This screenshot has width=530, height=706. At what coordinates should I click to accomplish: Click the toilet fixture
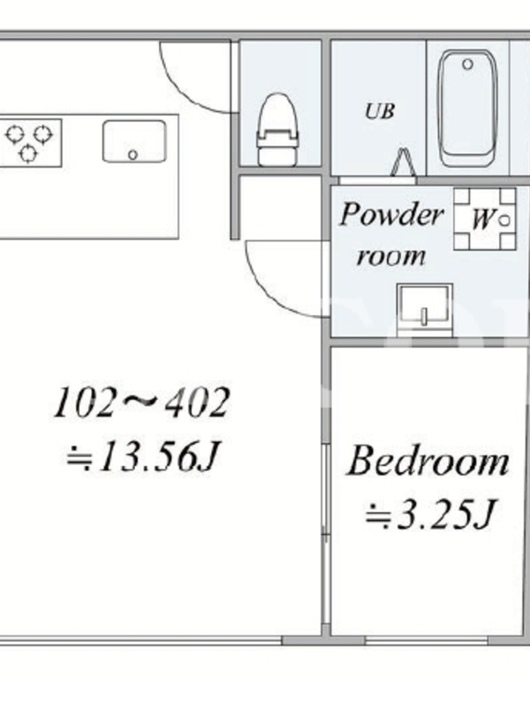(278, 130)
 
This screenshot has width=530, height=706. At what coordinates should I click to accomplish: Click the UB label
(380, 111)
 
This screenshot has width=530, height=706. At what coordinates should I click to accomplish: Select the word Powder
(391, 214)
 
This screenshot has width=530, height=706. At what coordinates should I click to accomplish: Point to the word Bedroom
(428, 461)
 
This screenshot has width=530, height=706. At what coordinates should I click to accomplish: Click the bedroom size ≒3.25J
(429, 514)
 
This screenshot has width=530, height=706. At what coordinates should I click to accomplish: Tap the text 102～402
(141, 402)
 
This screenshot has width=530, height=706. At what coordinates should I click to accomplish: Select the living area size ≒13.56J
(142, 456)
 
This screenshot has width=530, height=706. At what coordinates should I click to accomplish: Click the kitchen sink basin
(134, 141)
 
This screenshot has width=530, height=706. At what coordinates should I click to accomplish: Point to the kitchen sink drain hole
(132, 154)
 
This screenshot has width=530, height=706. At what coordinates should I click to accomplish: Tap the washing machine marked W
(485, 219)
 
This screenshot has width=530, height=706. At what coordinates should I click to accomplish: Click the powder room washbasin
(425, 310)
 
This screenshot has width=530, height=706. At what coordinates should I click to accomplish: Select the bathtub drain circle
(468, 64)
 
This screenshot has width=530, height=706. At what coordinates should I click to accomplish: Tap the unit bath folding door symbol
(404, 163)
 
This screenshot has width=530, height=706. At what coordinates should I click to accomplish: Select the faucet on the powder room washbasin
(424, 316)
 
